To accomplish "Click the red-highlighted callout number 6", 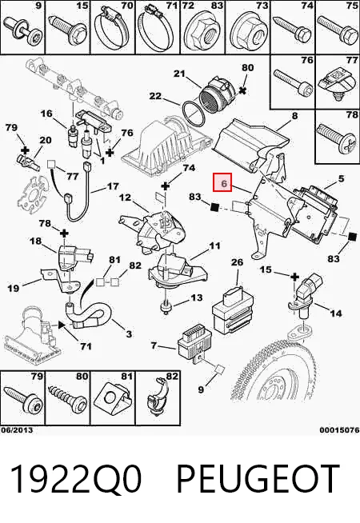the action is [x=222, y=183].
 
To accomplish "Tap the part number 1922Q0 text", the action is [x=77, y=478].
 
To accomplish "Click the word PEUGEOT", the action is [x=258, y=478].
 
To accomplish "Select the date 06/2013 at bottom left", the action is [x=17, y=430].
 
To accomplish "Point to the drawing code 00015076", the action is [x=339, y=430].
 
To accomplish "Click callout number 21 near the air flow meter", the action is [x=179, y=74].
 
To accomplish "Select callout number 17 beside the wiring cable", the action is [x=113, y=186].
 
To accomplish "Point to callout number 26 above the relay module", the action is [x=238, y=262].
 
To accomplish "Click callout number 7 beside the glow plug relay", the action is [x=154, y=345].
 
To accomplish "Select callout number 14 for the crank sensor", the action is [x=336, y=313].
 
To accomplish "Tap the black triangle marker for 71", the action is [x=62, y=325].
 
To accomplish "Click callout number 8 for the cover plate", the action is [x=294, y=116].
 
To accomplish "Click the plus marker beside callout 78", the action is [x=64, y=233].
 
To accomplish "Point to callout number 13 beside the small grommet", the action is [x=197, y=297].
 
